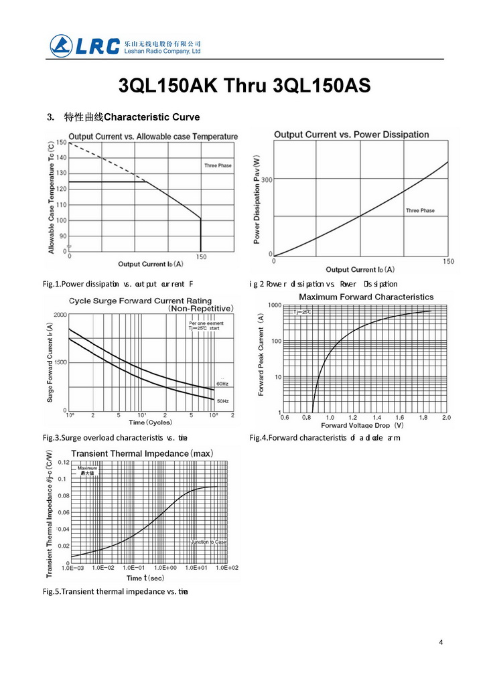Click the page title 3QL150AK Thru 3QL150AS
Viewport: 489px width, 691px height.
244,86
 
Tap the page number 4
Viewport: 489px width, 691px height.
441,642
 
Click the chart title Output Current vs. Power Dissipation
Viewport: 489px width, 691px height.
351,135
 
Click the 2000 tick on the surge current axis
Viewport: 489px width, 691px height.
60,315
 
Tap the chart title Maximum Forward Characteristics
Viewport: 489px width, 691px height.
366,297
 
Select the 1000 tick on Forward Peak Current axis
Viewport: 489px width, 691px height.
274,305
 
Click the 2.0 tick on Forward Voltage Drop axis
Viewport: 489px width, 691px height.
446,417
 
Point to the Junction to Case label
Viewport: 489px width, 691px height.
209,542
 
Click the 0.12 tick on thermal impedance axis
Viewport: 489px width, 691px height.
63,463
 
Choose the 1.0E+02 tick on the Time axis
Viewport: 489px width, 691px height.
226,568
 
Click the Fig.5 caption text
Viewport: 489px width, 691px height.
115,591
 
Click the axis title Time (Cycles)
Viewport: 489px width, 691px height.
150,423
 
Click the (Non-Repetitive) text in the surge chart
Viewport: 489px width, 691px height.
202,309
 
